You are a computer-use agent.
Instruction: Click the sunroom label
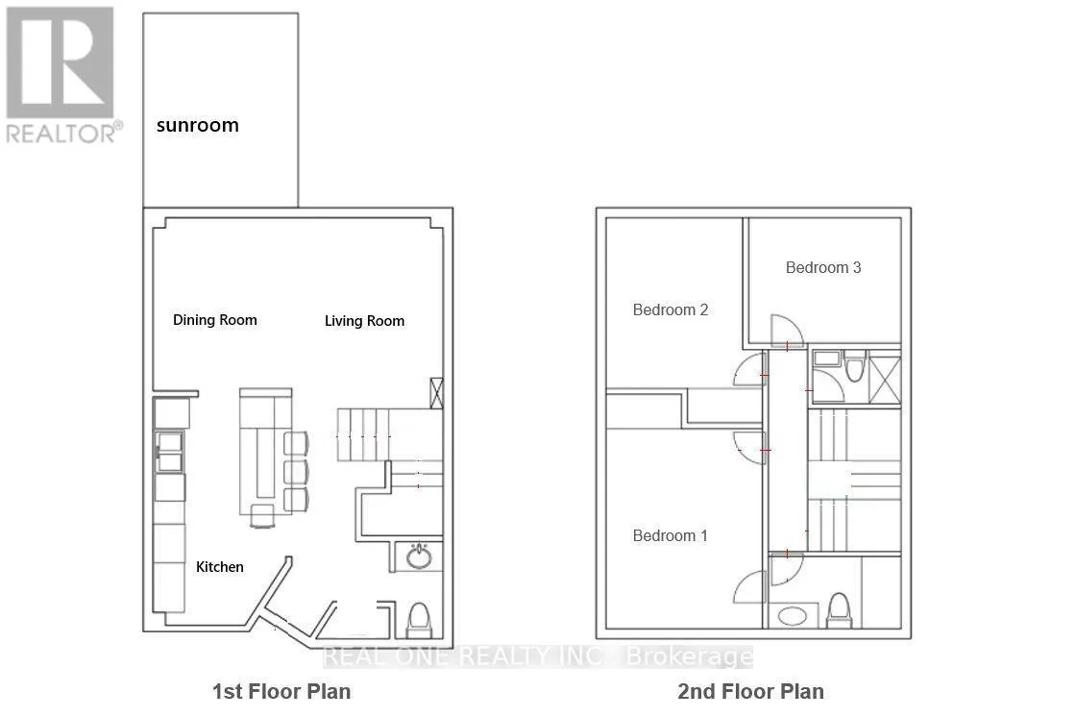point(198,126)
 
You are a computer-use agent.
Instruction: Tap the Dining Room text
point(214,320)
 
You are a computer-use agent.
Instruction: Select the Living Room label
point(364,321)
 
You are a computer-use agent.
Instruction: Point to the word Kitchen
point(219,567)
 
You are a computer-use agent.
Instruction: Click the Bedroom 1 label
point(670,536)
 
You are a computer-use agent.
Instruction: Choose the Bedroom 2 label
point(670,310)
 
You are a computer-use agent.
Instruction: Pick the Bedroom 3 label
point(822,267)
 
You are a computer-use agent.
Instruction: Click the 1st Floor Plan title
point(281,692)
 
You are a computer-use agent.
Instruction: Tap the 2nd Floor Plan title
point(750,692)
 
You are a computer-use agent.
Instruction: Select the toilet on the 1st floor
point(419,620)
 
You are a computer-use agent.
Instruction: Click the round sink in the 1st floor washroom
point(419,556)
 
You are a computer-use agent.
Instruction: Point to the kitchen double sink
point(169,452)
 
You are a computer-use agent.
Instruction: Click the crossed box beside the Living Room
point(436,393)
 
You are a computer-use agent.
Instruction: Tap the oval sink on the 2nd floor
point(793,616)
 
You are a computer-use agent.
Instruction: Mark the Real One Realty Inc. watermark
point(538,656)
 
